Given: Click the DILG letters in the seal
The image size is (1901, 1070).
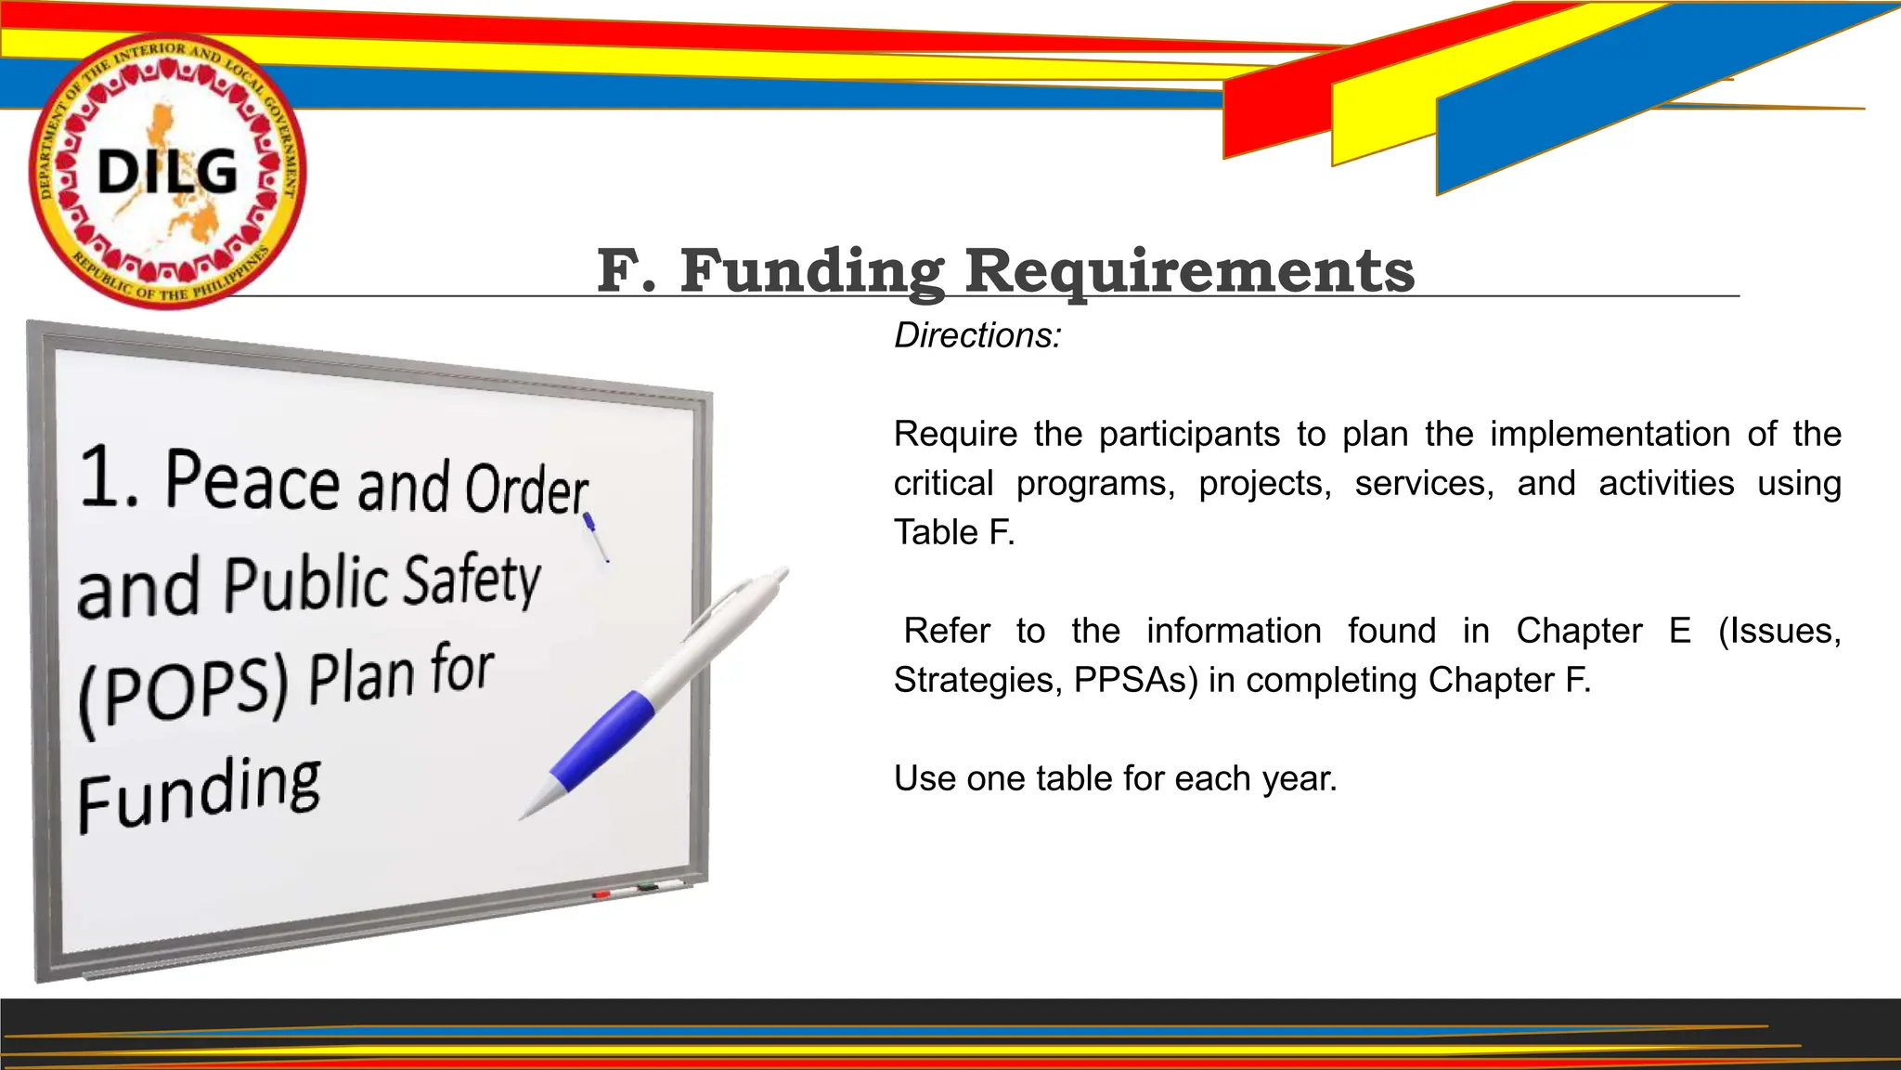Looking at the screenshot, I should click(168, 173).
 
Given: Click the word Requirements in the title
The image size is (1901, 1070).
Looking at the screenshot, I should click(1190, 271).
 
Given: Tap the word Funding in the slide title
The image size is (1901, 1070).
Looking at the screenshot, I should click(812, 271).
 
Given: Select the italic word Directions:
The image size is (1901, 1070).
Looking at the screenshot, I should click(977, 335).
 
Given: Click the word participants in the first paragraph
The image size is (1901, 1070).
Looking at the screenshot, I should click(1190, 435).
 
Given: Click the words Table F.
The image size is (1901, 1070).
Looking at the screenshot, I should click(954, 533).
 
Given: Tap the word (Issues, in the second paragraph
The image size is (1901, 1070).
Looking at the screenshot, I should click(1779, 632).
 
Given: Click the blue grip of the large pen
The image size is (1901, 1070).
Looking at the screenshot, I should click(604, 738).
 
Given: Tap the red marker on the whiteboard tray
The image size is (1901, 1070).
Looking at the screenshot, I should click(601, 894).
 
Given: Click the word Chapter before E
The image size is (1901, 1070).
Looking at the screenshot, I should click(1579, 632).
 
